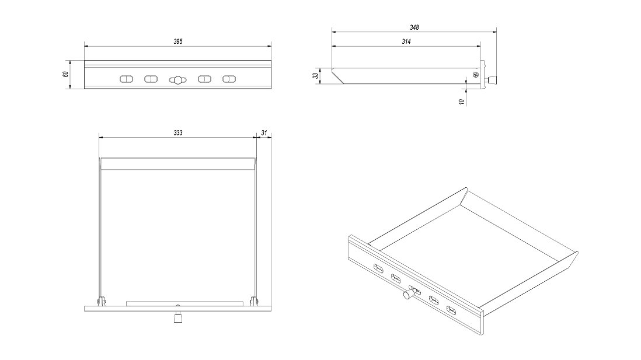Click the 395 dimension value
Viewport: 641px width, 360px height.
178,41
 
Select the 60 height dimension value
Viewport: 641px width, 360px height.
66,74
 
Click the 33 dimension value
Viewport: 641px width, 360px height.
316,76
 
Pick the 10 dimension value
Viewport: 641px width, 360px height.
461,101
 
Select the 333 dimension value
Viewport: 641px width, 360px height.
178,133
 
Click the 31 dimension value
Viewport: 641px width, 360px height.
264,133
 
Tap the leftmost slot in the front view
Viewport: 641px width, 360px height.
126,79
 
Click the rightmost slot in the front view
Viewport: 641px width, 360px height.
229,79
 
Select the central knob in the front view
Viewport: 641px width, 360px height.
177,80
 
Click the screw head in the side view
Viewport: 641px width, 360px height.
476,75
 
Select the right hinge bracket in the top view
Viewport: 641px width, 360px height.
254,301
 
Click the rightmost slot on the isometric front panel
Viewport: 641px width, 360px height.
451,309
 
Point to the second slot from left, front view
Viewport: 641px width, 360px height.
151,79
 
